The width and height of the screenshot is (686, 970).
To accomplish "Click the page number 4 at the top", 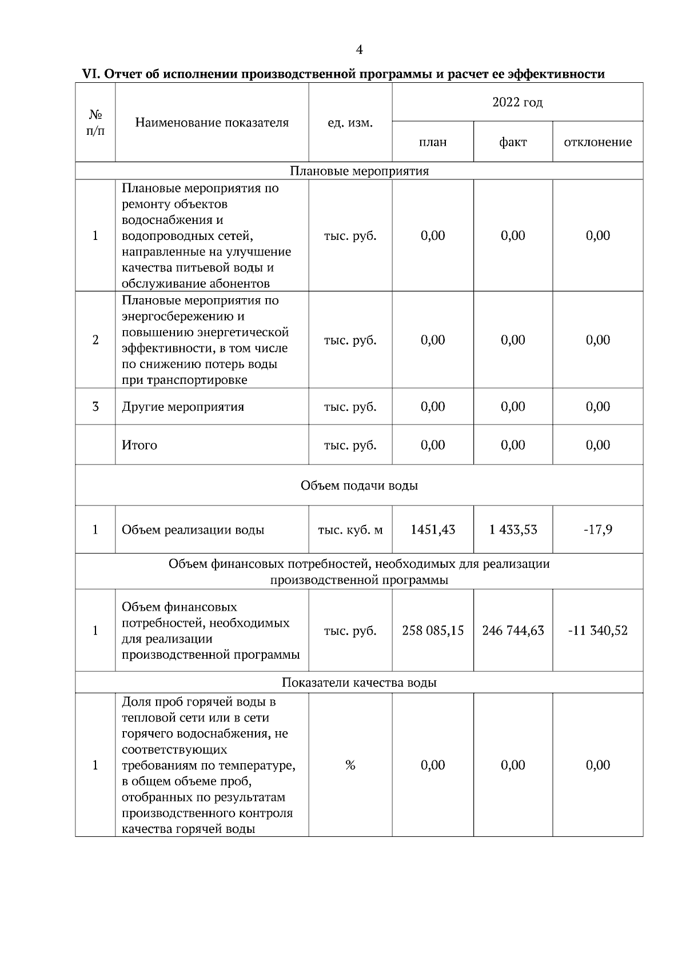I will [359, 50].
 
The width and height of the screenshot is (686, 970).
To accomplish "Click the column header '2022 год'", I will [517, 102].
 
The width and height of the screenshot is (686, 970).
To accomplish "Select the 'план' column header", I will [433, 142].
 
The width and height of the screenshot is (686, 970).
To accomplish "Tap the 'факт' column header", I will [513, 142].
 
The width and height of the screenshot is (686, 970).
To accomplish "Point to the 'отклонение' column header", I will [598, 142].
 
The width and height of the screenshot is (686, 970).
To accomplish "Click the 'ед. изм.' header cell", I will [350, 123].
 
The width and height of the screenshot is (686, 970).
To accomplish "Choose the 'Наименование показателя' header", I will [212, 123].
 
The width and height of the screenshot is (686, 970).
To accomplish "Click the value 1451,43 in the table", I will [433, 530].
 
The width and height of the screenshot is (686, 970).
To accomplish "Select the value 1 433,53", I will [513, 530].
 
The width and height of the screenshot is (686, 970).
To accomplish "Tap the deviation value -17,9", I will [598, 530].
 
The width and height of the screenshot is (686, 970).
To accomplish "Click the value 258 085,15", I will [433, 631].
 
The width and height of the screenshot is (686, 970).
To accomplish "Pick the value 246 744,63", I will [513, 631].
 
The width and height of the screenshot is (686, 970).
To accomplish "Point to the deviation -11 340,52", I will [598, 631].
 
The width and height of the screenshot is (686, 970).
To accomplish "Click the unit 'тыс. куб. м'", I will [350, 530].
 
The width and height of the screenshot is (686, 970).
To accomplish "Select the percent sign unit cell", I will [350, 765].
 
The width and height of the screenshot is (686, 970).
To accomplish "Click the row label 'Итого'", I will [139, 445].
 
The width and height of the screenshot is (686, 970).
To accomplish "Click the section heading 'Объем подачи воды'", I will [359, 486].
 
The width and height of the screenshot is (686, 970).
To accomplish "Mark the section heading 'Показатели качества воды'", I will [359, 683].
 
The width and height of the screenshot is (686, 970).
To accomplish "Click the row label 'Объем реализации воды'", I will [193, 530].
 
